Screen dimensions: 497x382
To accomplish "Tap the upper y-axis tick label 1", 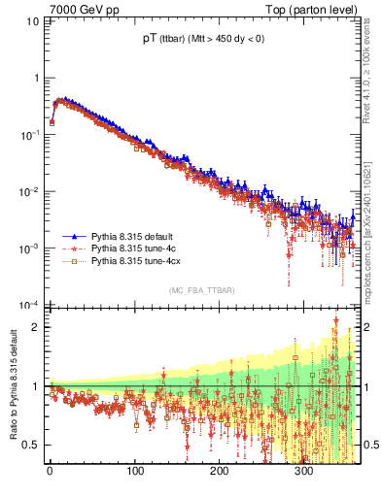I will click(x=36, y=78).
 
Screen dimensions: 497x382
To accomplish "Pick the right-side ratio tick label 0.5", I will click(x=369, y=445).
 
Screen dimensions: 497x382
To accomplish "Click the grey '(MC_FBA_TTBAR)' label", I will click(x=202, y=290).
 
